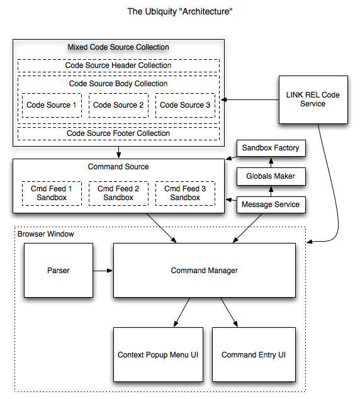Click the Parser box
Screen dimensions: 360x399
(x=59, y=270)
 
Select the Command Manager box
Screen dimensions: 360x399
(x=205, y=270)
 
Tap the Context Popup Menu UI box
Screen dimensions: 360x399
(x=158, y=354)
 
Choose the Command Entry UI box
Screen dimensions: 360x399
(x=254, y=354)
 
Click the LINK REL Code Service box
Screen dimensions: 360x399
(x=313, y=99)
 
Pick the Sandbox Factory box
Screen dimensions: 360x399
(x=271, y=148)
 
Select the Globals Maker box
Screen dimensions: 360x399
(x=271, y=176)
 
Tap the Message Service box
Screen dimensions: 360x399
(x=271, y=205)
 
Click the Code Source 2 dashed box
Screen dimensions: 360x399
(x=118, y=105)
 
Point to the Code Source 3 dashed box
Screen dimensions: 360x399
(x=185, y=105)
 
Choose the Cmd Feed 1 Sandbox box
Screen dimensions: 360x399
(x=52, y=193)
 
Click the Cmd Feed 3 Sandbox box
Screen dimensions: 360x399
(x=185, y=193)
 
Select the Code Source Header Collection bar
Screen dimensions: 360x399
(x=118, y=65)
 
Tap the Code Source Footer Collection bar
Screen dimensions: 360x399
(x=118, y=133)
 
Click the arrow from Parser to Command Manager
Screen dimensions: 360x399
(x=103, y=271)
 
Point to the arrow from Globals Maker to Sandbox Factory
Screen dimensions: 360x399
(x=271, y=162)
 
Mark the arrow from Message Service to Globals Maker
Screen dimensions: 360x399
(x=271, y=191)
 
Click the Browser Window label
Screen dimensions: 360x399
(x=46, y=234)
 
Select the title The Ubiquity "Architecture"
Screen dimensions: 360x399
(x=180, y=12)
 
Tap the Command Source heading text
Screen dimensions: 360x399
(x=118, y=167)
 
